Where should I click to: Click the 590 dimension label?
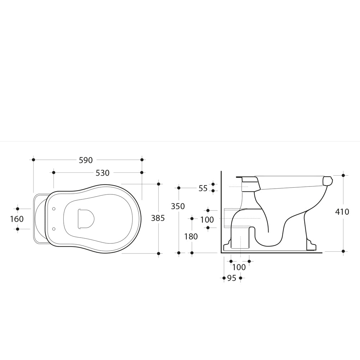(x=86, y=160)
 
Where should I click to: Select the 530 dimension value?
(x=102, y=173)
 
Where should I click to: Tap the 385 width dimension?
(x=158, y=218)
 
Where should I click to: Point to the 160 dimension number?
(x=17, y=219)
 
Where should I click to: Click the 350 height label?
(x=178, y=206)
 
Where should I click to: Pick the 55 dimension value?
(x=203, y=189)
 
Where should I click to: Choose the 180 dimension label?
(x=191, y=237)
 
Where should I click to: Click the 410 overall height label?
(x=342, y=212)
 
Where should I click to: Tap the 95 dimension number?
(x=231, y=278)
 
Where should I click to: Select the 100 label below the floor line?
(x=239, y=267)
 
